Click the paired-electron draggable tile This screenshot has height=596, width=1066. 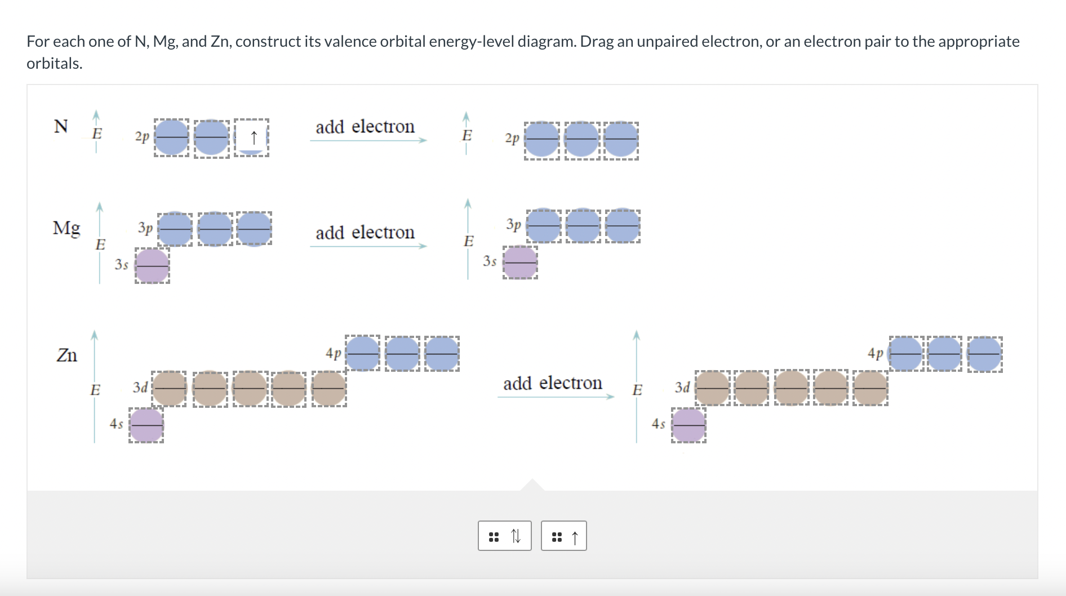pyautogui.click(x=505, y=536)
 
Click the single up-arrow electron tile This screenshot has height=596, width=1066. pyautogui.click(x=564, y=536)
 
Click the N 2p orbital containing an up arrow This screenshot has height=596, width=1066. pyautogui.click(x=251, y=137)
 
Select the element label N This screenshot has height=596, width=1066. pyautogui.click(x=61, y=126)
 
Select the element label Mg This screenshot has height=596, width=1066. pyautogui.click(x=66, y=228)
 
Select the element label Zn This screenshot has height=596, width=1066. pyautogui.click(x=66, y=355)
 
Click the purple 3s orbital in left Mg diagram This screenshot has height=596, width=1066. pyautogui.click(x=152, y=265)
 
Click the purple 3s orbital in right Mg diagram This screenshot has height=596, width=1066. pyautogui.click(x=520, y=263)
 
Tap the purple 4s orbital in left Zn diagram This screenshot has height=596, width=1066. pyautogui.click(x=146, y=425)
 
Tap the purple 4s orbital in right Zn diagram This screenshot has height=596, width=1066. pyautogui.click(x=689, y=425)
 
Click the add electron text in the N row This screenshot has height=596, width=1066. pyautogui.click(x=365, y=127)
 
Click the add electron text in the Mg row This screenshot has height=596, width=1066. pyautogui.click(x=365, y=232)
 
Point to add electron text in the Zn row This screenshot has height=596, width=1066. pyautogui.click(x=552, y=383)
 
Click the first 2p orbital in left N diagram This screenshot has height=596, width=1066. pyautogui.click(x=172, y=137)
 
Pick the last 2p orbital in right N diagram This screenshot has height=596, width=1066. pyautogui.click(x=621, y=139)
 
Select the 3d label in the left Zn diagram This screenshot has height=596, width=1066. pyautogui.click(x=140, y=387)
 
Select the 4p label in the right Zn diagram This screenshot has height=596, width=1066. pyautogui.click(x=875, y=353)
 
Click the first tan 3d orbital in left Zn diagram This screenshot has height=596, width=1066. pyautogui.click(x=170, y=388)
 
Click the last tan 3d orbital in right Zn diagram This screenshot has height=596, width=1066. pyautogui.click(x=870, y=388)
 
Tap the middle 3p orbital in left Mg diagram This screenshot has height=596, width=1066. pyautogui.click(x=215, y=229)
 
